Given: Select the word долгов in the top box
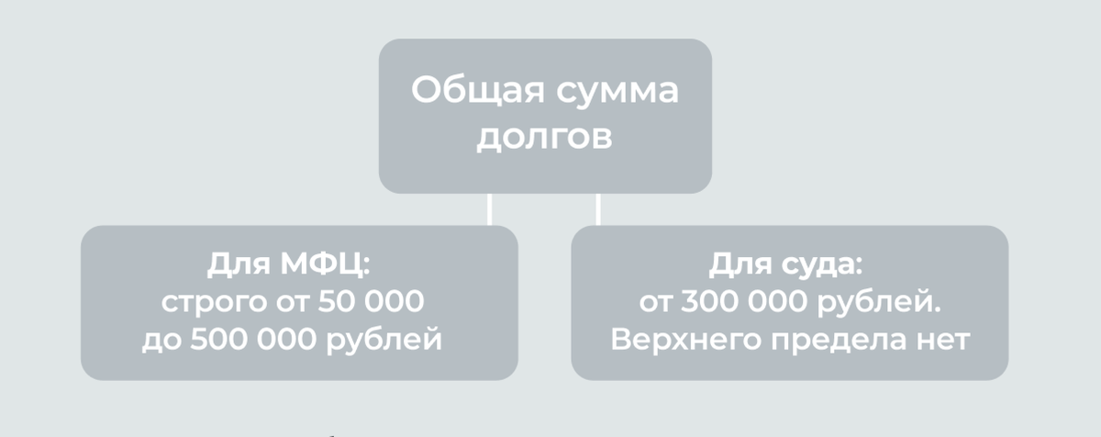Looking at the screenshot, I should pyautogui.click(x=545, y=140).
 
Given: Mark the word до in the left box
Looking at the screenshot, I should pyautogui.click(x=160, y=341).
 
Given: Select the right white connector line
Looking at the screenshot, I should pyautogui.click(x=597, y=208).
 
